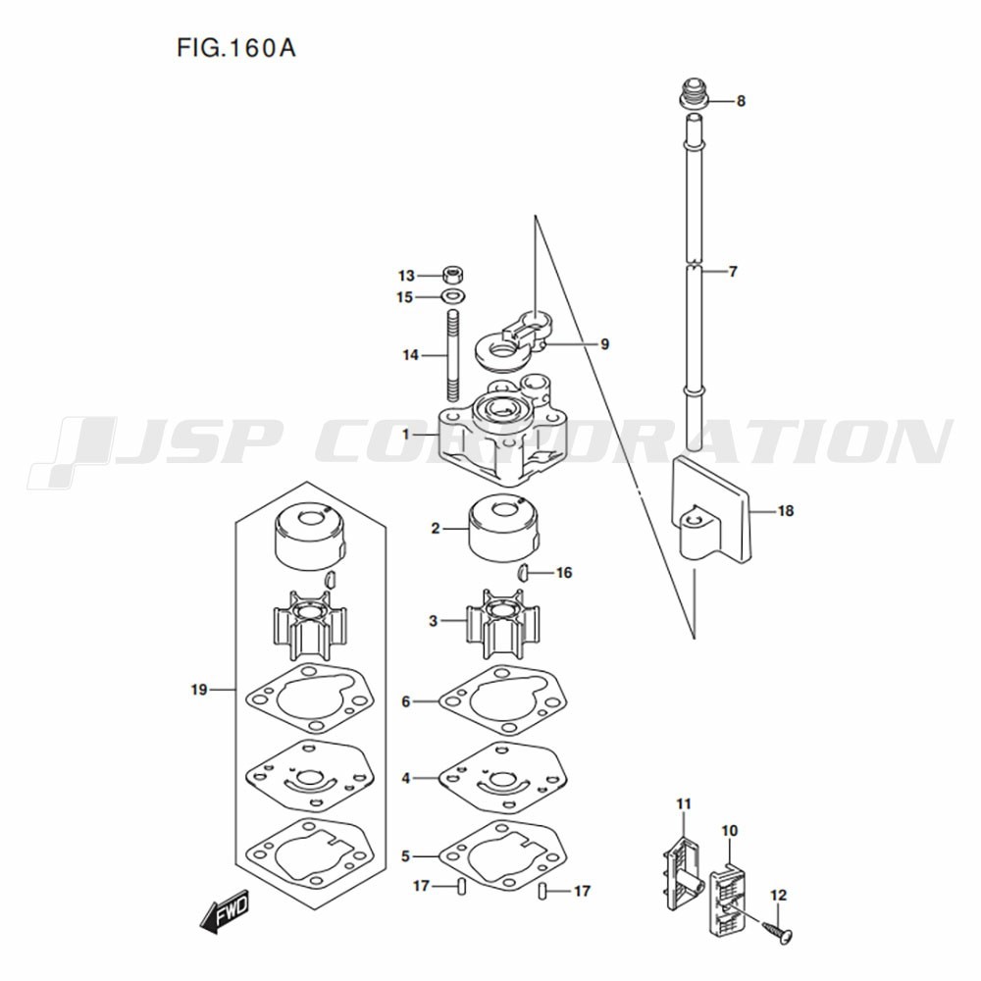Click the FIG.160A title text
[x=235, y=48]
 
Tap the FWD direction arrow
[x=225, y=910]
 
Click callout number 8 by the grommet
[x=741, y=101]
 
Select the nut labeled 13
[x=453, y=274]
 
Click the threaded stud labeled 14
[x=453, y=356]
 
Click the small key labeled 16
[x=523, y=571]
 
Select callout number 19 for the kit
[x=199, y=690]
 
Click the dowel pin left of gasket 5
[x=462, y=887]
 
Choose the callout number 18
[x=785, y=510]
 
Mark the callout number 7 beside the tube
[x=733, y=272]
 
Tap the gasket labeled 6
[x=503, y=700]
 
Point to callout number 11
[x=684, y=803]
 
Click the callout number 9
[x=604, y=343]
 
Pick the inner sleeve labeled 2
[x=503, y=529]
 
